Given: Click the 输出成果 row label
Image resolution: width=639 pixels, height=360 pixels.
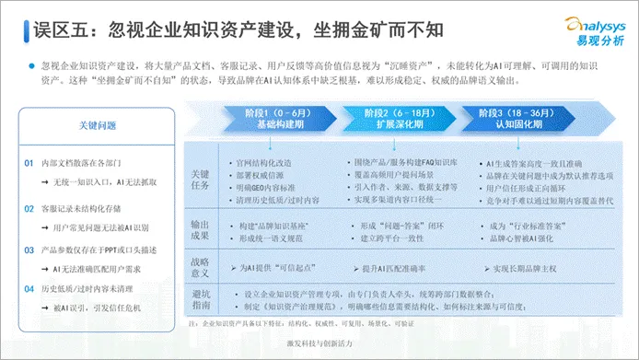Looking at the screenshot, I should click(201, 229).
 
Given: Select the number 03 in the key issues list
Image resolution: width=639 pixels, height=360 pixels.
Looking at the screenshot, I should click(30, 248).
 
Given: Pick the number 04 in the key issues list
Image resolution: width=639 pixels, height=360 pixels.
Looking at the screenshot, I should click(30, 288).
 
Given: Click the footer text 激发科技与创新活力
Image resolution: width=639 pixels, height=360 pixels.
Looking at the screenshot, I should click(319, 343).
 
